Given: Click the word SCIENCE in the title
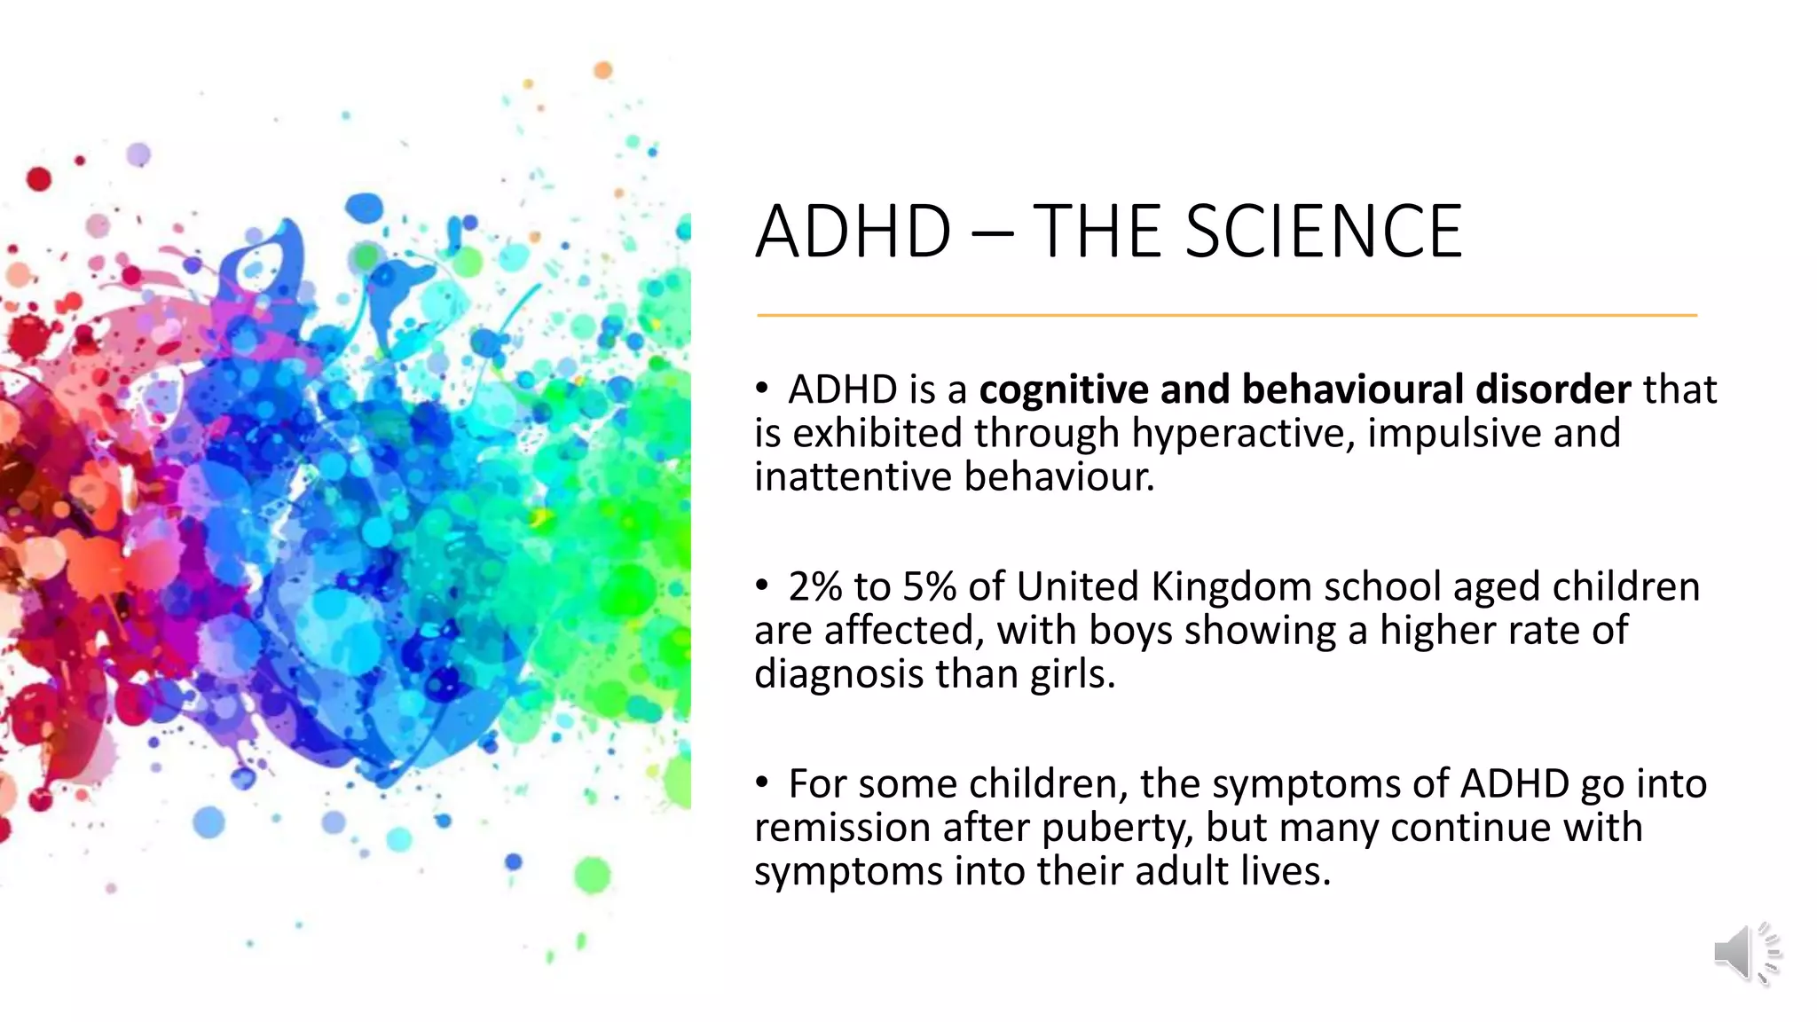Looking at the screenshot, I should click(1323, 232).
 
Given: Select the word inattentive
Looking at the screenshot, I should click(853, 477).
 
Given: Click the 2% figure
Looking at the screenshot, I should click(814, 587).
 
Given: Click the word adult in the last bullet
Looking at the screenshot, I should click(1182, 871).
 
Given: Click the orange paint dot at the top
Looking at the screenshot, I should click(603, 69).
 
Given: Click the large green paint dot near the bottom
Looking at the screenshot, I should click(593, 875).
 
